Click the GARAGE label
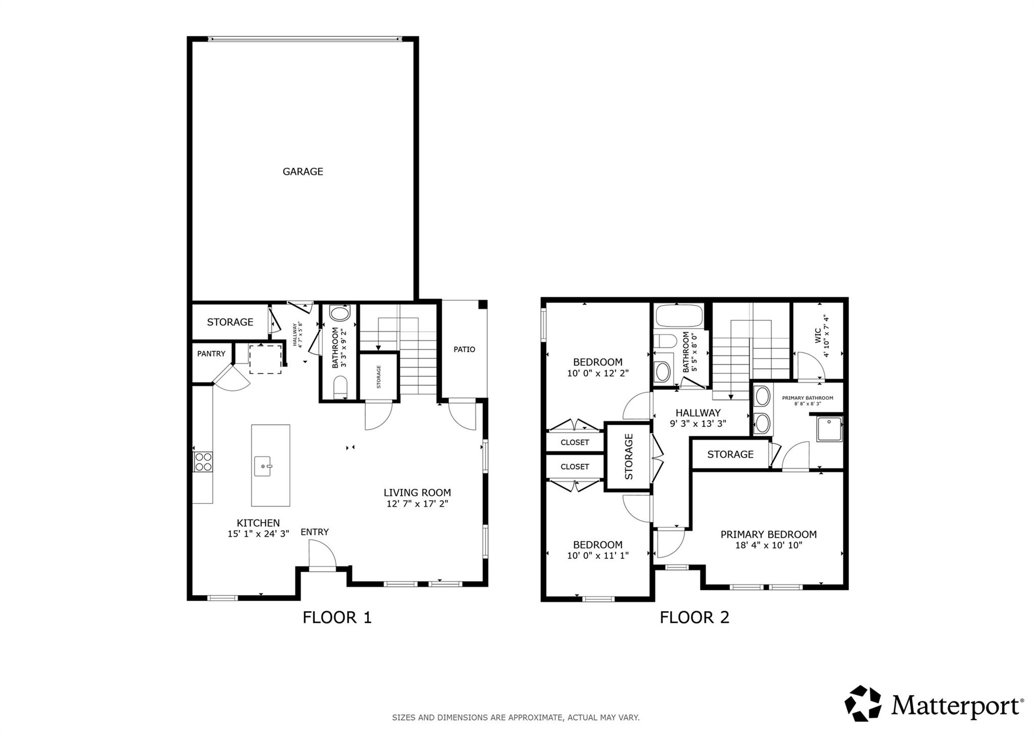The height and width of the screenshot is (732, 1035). coord(303,172)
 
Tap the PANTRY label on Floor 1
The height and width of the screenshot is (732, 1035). coord(211,354)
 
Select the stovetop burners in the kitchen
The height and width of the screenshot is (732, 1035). coord(203,462)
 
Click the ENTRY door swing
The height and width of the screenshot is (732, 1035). coord(322,554)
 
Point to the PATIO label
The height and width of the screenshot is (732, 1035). coord(464,349)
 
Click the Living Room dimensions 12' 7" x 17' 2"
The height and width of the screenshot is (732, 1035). coord(417,504)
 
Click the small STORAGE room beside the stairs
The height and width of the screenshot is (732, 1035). coord(379,377)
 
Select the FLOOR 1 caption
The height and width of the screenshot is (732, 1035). coord(337,617)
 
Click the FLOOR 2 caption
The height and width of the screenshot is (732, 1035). coord(694,617)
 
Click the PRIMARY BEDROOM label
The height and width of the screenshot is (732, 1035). coord(768,534)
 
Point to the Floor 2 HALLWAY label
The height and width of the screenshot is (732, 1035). coord(698,413)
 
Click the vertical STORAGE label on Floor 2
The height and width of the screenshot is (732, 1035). coord(629,456)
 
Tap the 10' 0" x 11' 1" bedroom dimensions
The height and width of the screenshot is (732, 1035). coord(597,555)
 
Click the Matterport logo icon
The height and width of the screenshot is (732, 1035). coord(863,703)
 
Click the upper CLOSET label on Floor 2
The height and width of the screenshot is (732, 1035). coord(575,442)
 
